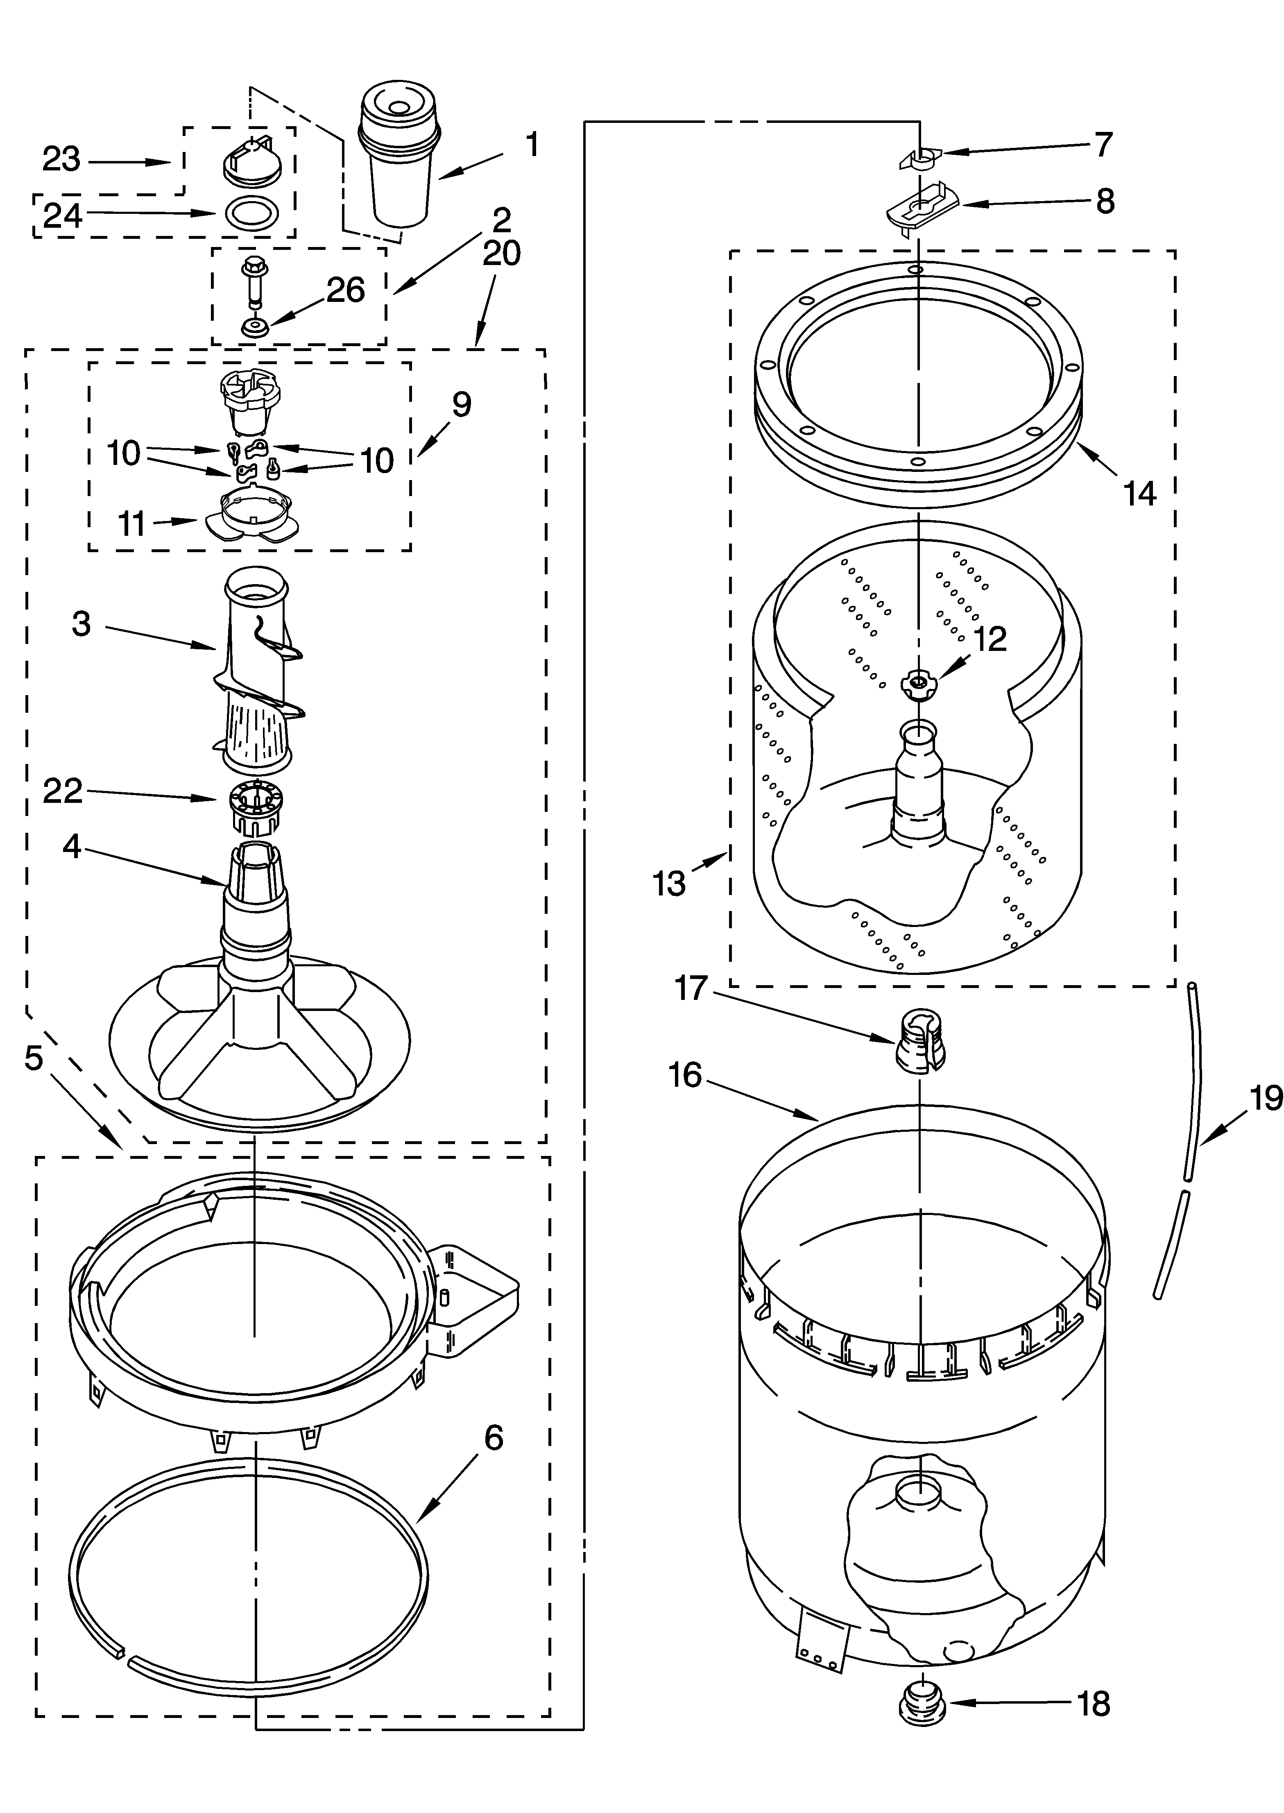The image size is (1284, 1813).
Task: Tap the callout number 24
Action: (63, 215)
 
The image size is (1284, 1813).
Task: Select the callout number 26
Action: (346, 291)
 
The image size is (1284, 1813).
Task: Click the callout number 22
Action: (63, 791)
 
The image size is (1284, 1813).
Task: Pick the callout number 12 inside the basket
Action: (989, 639)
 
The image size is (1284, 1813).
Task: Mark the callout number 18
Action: (1094, 1704)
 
